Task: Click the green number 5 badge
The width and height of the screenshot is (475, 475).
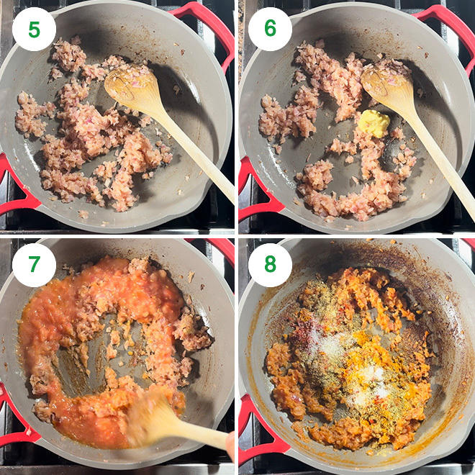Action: click(x=34, y=29)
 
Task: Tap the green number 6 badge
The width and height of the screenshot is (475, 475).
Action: click(x=270, y=29)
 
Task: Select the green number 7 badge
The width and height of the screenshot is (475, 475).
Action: click(x=34, y=265)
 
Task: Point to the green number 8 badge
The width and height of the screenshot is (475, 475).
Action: click(x=270, y=265)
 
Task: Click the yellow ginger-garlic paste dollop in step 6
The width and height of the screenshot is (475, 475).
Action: click(x=374, y=123)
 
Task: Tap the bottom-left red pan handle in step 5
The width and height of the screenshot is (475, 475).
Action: click(x=15, y=188)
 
